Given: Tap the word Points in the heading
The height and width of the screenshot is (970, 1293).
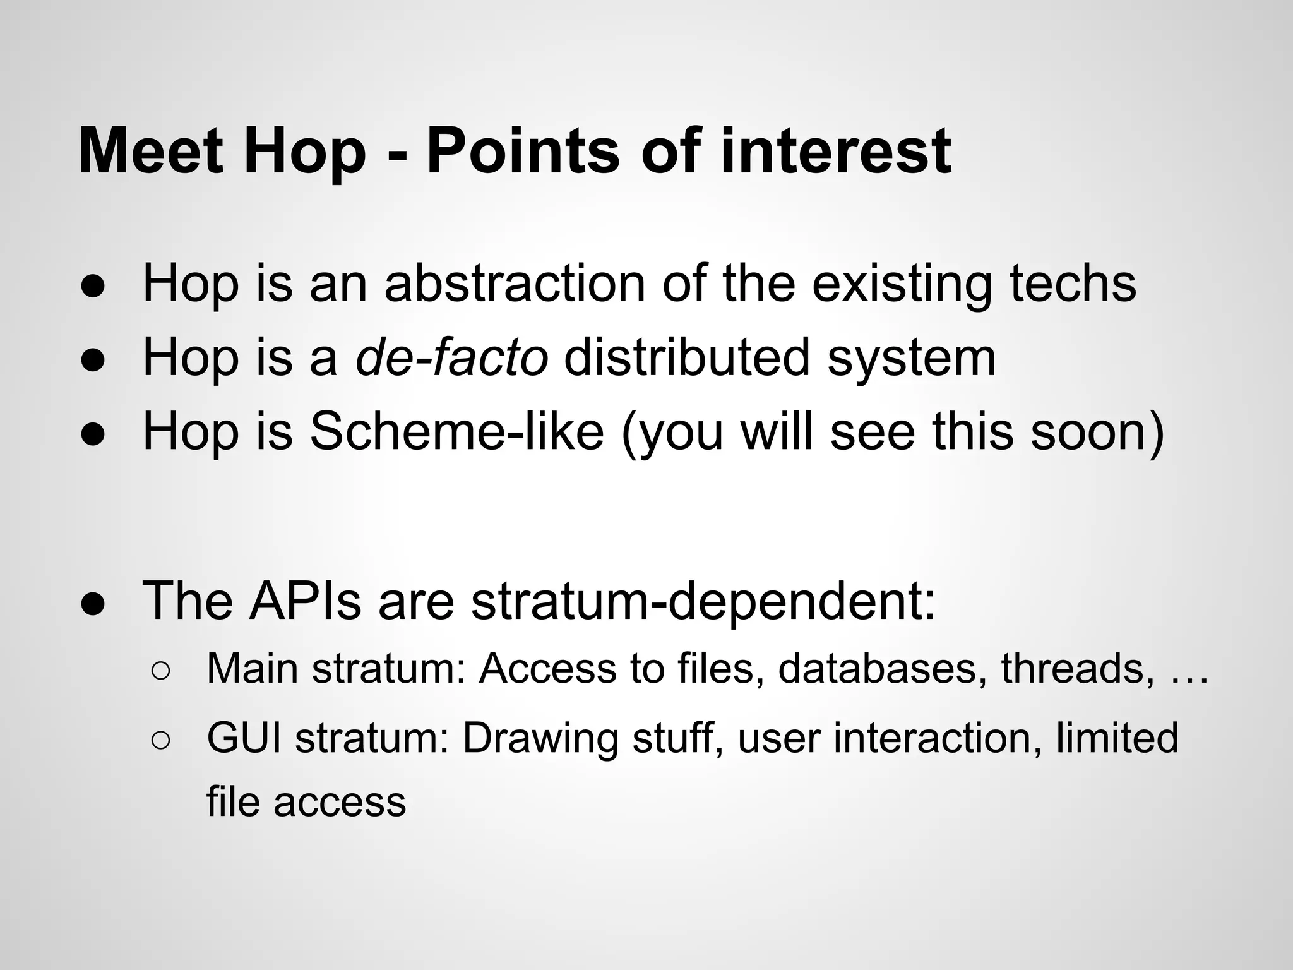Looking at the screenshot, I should coord(523,152).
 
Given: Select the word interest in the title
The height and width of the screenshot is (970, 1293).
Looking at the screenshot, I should coord(835,152).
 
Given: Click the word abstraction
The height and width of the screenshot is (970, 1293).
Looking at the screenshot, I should coord(515,284).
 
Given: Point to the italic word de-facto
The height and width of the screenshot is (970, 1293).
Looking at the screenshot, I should coord(451,357).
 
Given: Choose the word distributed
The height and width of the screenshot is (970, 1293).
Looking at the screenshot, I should coord(687,357).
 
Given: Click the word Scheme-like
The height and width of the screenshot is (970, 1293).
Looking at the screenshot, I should coord(456,431).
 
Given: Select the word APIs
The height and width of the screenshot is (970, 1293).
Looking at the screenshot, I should coord(305,601).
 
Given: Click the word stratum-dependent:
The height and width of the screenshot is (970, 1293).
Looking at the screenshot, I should coord(703,601).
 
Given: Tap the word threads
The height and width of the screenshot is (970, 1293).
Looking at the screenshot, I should coord(1071,668).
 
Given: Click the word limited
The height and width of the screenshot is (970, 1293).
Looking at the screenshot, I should coord(1117,738).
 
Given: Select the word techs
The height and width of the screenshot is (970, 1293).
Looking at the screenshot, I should coord(1073,284).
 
